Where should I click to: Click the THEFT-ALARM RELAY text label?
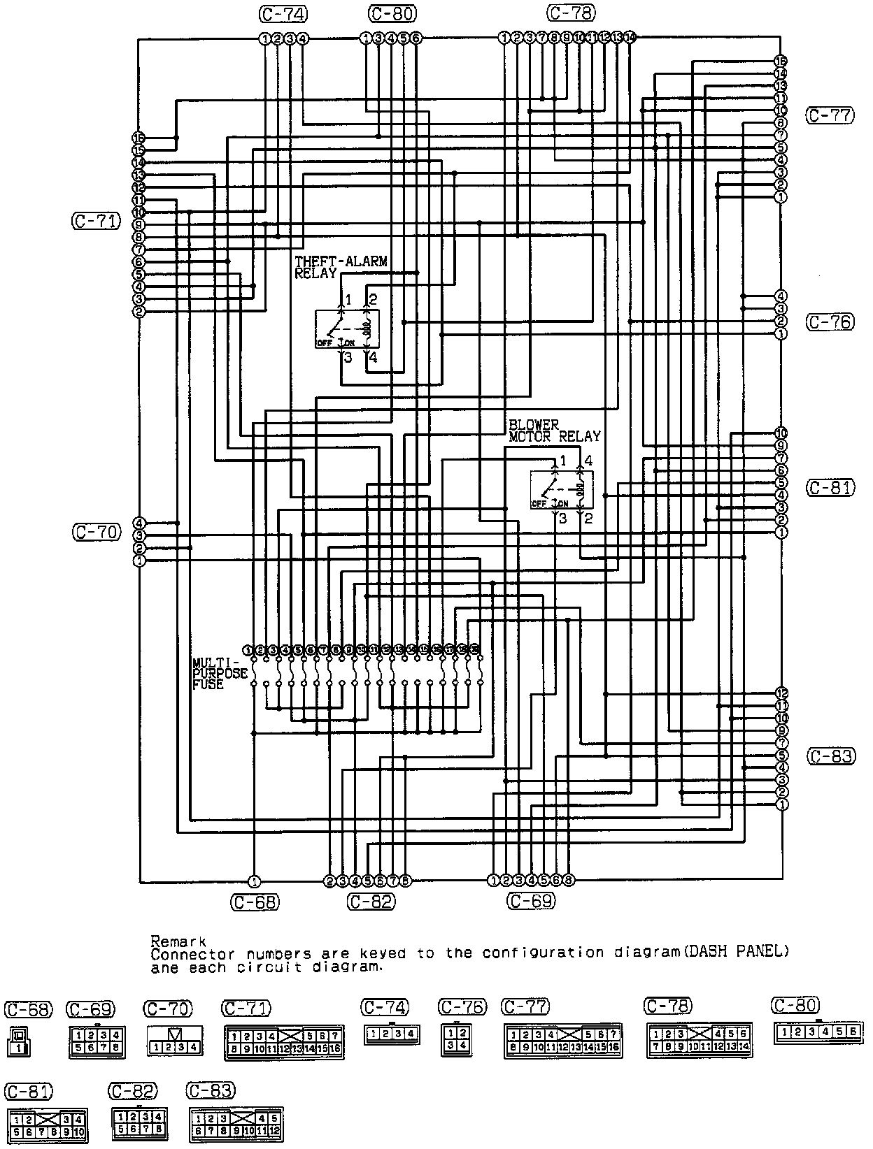[x=341, y=267]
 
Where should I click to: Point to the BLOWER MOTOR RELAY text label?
[x=554, y=431]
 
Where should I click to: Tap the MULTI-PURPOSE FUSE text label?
[x=220, y=673]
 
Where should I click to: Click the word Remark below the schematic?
[x=178, y=941]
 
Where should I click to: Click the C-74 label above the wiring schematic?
[x=283, y=13]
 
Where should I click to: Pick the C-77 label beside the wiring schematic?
[x=830, y=115]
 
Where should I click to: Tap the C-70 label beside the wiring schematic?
[x=97, y=531]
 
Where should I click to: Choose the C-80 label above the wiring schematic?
[x=392, y=13]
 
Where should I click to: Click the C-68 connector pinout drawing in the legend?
[x=18, y=1041]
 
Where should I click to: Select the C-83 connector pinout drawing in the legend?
[x=236, y=1122]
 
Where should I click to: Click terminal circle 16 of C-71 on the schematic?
[x=139, y=138]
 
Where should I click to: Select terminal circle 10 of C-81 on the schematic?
[x=781, y=433]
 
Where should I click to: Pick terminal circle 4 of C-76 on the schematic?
[x=781, y=296]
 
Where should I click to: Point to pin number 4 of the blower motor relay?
[x=588, y=461]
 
